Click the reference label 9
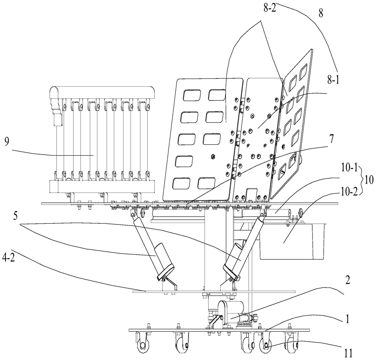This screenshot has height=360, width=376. click(x=7, y=142)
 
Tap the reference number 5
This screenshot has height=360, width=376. click(x=15, y=216)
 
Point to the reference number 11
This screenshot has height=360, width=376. click(x=348, y=353)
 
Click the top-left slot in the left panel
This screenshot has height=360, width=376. click(x=192, y=95)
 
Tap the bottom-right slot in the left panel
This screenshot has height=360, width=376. click(x=206, y=183)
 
